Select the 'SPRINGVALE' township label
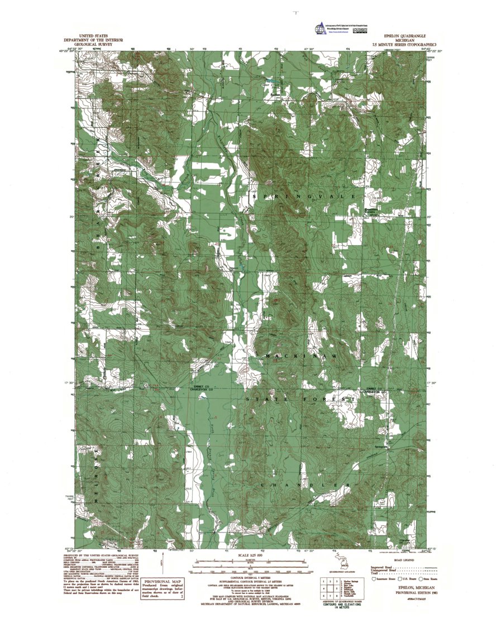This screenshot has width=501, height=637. (x=304, y=198)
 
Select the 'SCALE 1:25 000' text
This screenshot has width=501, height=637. (x=255, y=556)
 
